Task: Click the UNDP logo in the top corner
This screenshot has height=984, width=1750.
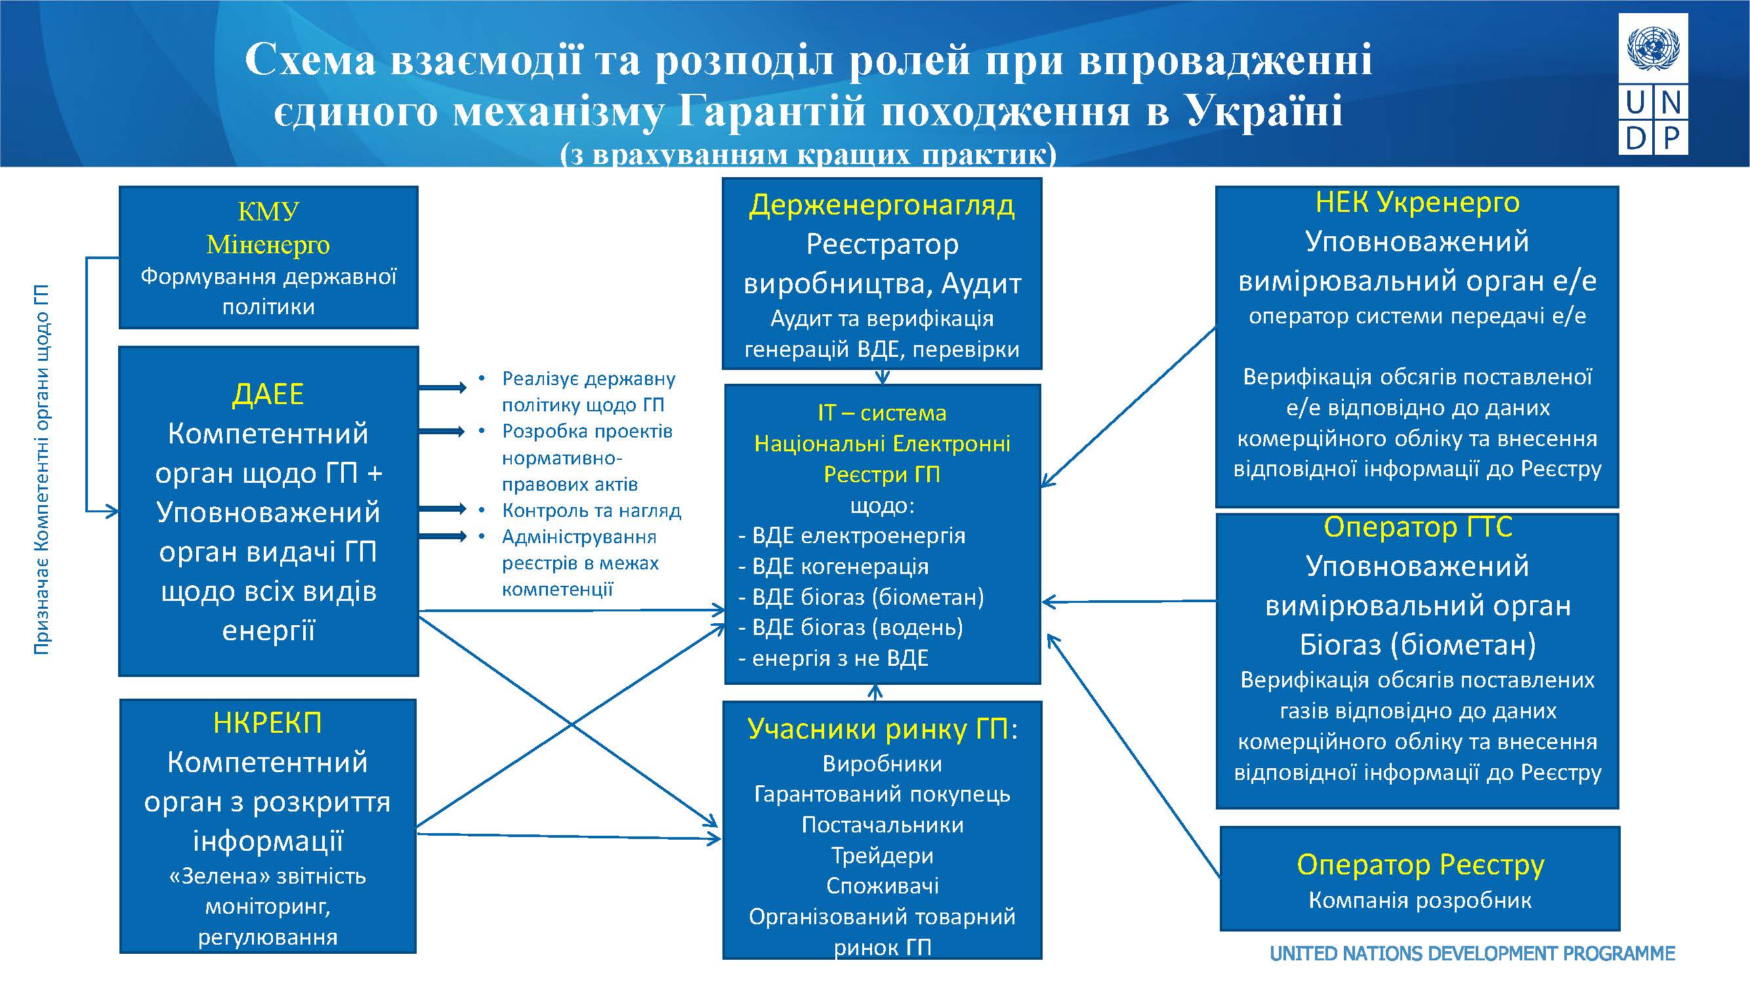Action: pos(1653,83)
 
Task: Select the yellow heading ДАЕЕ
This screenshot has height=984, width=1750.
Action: pos(268,394)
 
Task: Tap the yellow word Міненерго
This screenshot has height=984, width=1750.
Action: pos(268,245)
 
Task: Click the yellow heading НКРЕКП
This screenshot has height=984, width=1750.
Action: pos(267,723)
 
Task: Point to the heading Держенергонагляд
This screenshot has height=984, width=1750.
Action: pos(881,205)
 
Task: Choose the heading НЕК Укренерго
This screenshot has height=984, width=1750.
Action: pos(1417,202)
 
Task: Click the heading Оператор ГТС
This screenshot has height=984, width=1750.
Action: pos(1418,527)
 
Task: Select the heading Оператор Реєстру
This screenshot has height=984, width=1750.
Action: pos(1420,865)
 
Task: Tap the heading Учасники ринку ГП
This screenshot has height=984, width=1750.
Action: pos(881,729)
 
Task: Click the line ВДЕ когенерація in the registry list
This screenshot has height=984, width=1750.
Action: pos(840,566)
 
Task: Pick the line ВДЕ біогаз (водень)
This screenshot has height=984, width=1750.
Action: pos(857,628)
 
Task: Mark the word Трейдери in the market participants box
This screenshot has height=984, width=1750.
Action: pos(882,855)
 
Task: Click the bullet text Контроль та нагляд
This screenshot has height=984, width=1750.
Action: pos(591,510)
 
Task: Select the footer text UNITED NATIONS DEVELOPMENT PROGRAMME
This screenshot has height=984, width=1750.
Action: pos(1472,953)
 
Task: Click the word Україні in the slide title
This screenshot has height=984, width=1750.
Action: pos(1264,111)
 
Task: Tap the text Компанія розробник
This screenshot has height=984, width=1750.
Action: pos(1420,901)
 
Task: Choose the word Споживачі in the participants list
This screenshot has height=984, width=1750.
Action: pos(882,886)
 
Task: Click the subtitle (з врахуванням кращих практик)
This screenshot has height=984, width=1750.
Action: pos(808,155)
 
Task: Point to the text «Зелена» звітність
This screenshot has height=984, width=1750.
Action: pos(267,876)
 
